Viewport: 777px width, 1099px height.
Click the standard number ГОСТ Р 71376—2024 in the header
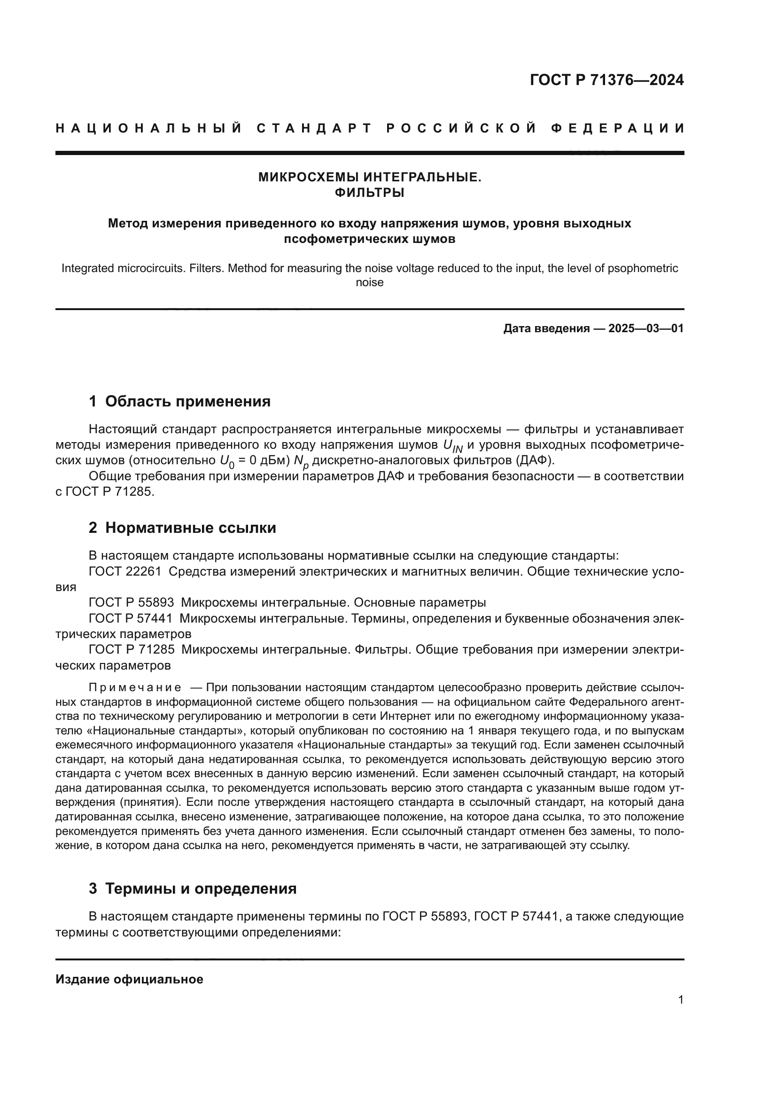[x=606, y=80]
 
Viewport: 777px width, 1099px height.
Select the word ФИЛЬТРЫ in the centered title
[x=369, y=193]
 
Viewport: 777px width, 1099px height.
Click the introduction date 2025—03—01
[x=646, y=328]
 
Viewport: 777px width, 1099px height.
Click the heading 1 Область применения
[x=179, y=401]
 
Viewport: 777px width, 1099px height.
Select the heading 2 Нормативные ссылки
[x=182, y=528]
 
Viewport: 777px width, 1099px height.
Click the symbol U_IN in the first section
[x=452, y=445]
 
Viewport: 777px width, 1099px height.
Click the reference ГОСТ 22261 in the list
[x=125, y=571]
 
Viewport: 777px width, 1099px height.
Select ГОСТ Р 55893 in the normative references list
[x=131, y=603]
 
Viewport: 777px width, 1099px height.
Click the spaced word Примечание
[x=135, y=688]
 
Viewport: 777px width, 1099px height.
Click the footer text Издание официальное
[x=129, y=979]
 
